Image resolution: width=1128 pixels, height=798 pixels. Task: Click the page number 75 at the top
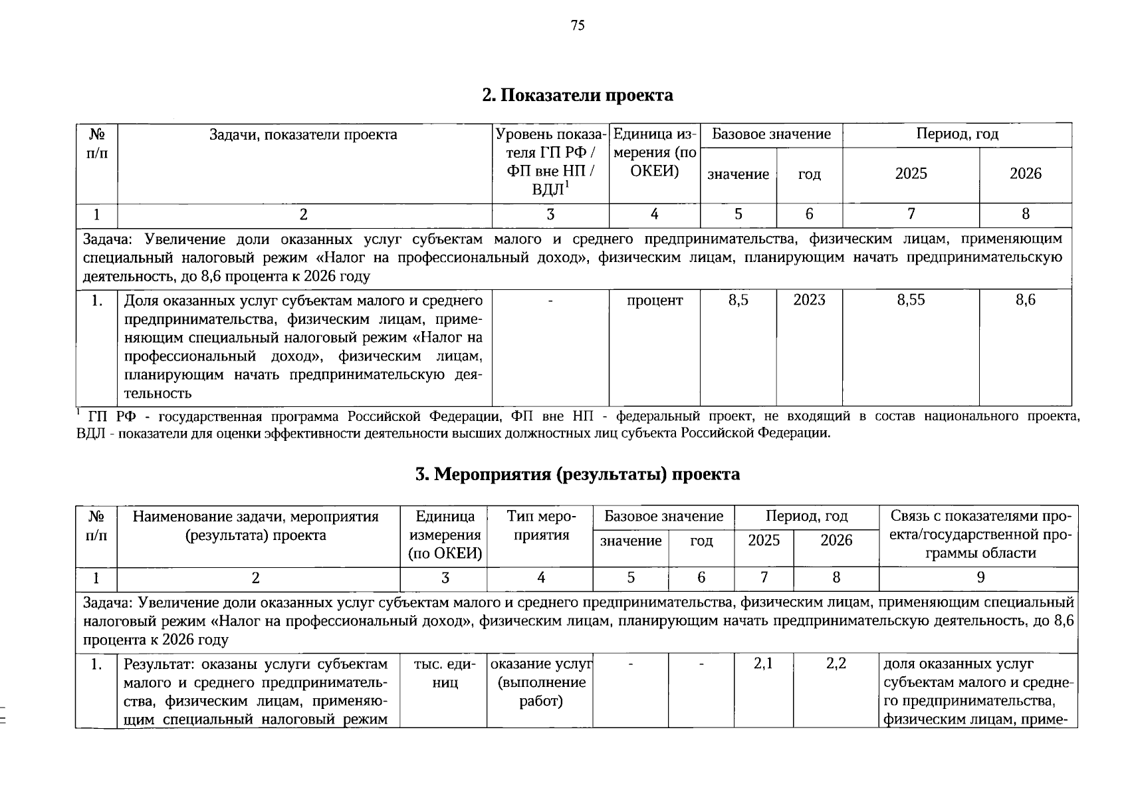[577, 26]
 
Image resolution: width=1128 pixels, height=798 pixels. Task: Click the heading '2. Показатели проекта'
[577, 96]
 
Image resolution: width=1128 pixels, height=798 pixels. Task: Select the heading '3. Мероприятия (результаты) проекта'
[577, 474]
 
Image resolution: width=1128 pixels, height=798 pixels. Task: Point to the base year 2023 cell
[809, 301]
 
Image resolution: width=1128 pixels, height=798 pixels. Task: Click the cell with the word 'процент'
[655, 301]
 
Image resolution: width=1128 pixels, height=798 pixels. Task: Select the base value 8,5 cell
[738, 301]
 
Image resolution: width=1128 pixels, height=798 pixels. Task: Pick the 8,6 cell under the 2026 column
[1025, 301]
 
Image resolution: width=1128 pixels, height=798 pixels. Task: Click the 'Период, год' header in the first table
[957, 134]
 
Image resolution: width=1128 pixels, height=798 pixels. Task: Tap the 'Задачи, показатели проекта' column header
[304, 135]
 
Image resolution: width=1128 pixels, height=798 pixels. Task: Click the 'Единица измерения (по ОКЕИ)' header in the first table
[654, 153]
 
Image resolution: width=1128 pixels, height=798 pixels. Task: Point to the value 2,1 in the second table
[763, 664]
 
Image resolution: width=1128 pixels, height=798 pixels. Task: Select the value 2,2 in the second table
[836, 664]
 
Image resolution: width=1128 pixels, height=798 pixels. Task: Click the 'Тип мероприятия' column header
[540, 526]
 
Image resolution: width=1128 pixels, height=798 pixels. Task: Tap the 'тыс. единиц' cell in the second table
[445, 673]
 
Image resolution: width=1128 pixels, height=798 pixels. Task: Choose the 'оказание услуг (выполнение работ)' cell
[540, 682]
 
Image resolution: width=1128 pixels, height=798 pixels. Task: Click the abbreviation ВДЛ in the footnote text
[90, 434]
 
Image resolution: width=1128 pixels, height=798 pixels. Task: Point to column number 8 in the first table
[1025, 215]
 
